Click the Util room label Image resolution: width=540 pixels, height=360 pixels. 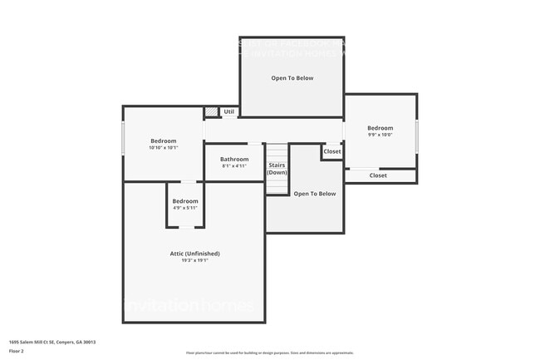point(229,111)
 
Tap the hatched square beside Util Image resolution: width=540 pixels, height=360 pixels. point(211,111)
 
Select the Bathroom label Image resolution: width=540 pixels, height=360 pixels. point(234,159)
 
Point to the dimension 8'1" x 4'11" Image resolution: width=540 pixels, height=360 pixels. point(234,166)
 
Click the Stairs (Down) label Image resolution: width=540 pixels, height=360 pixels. point(277,169)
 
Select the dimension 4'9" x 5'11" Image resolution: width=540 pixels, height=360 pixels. point(185,208)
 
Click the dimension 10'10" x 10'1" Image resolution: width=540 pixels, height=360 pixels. point(164,148)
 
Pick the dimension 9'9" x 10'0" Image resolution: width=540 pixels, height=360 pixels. point(380,135)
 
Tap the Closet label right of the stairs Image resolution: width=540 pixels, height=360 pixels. point(332,151)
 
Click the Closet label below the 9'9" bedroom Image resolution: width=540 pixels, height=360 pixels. point(378,175)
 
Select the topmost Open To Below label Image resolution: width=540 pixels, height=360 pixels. point(292,78)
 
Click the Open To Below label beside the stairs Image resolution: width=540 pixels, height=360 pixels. point(315,194)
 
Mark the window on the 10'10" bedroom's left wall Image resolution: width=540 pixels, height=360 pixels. point(124,138)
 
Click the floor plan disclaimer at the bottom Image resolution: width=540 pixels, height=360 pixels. point(269,353)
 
